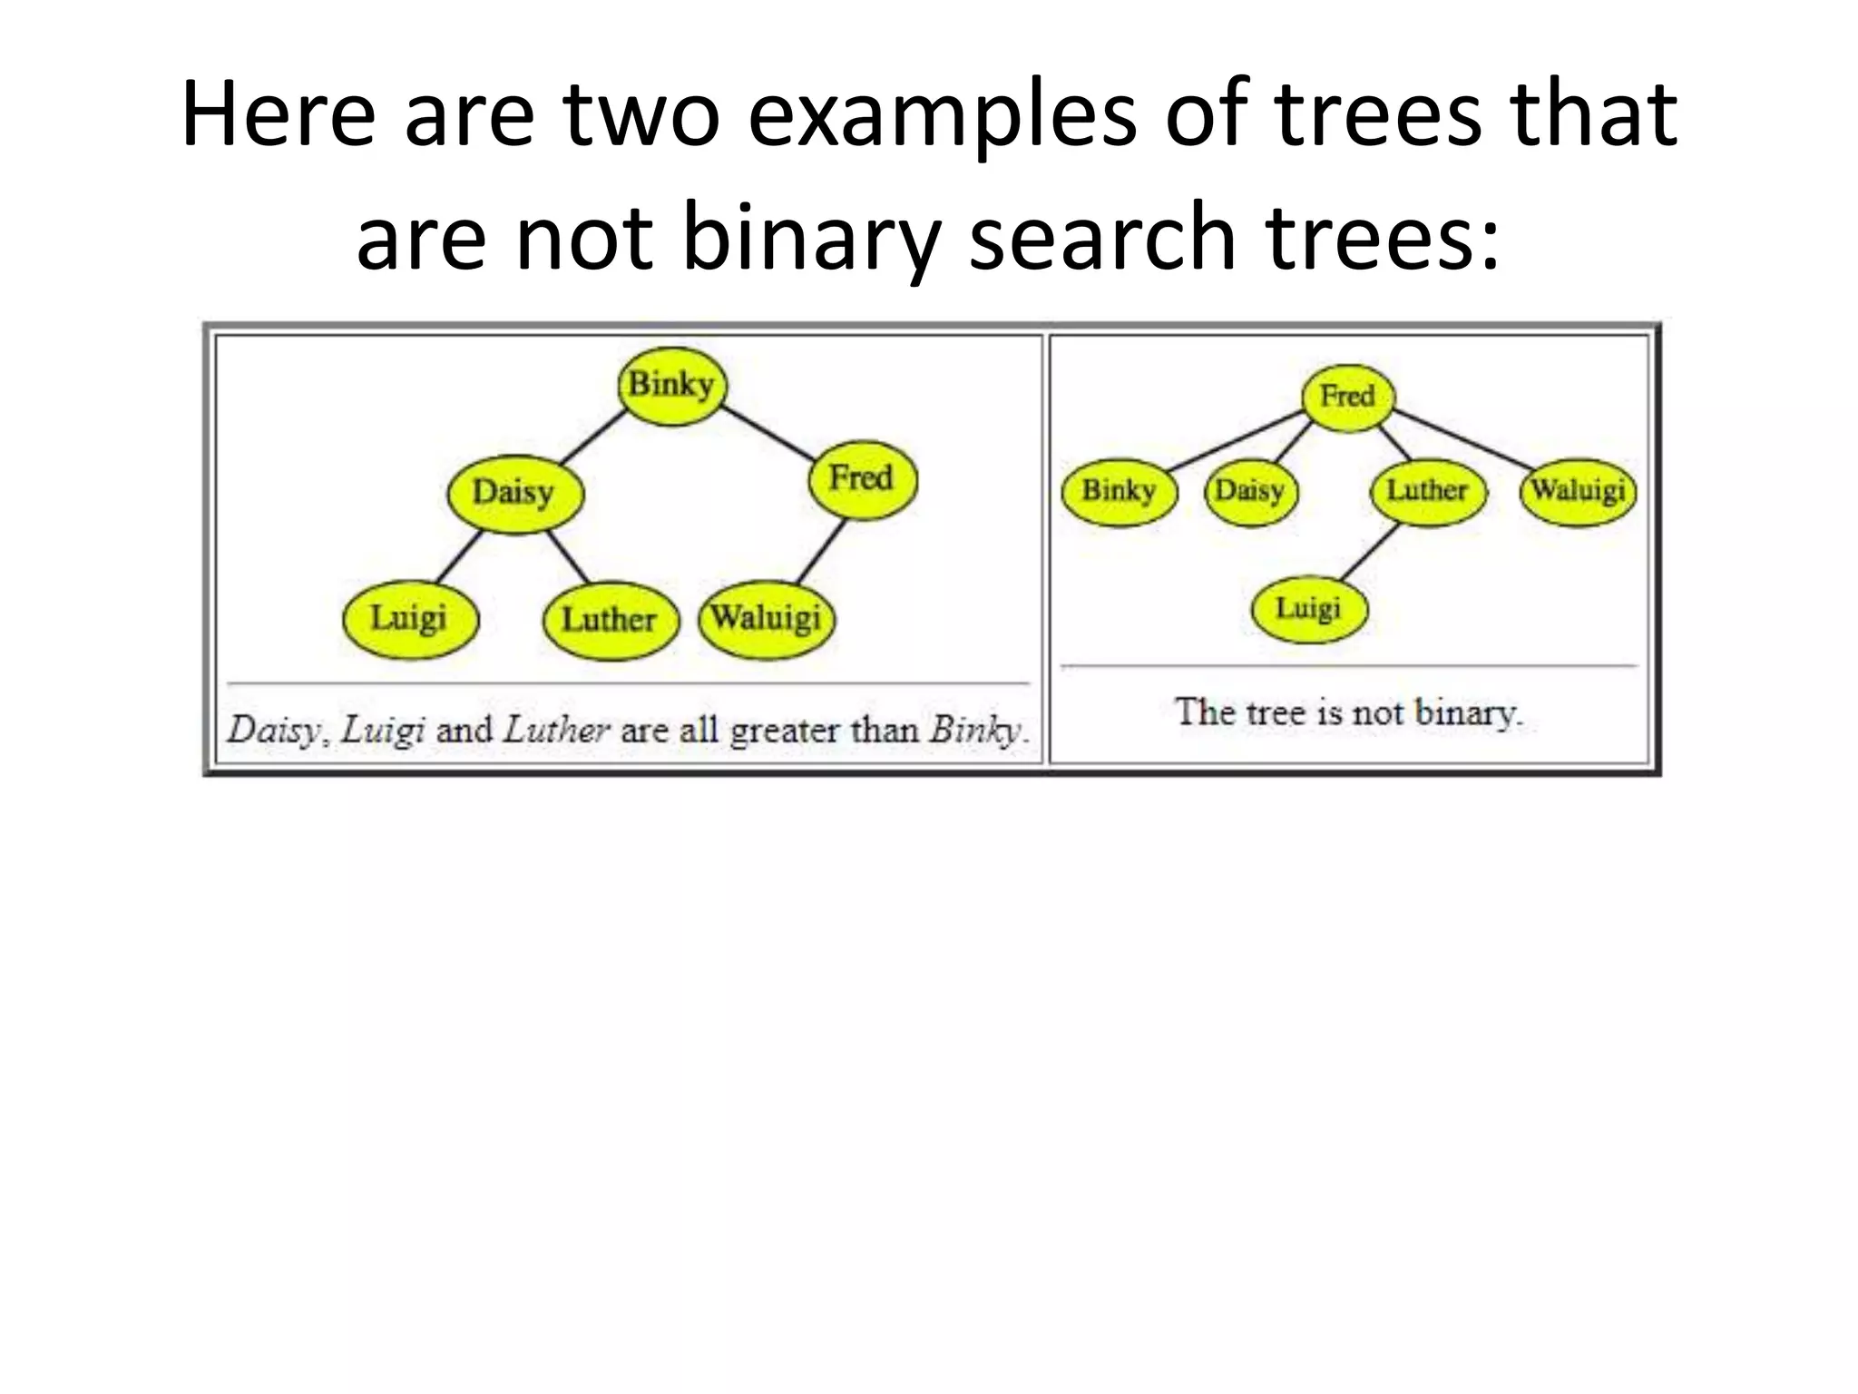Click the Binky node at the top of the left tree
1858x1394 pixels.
[x=671, y=385]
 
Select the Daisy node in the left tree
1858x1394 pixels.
[x=514, y=493]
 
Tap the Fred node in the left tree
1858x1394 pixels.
[x=862, y=478]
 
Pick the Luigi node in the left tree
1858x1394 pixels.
[x=409, y=619]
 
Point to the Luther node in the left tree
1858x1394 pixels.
[x=610, y=621]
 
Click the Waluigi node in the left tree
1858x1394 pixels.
[x=766, y=619]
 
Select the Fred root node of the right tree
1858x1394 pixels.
[x=1347, y=397]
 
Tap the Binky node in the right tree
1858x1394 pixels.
[x=1119, y=491]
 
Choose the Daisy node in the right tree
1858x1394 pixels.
[x=1250, y=491]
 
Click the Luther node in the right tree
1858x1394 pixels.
[x=1427, y=491]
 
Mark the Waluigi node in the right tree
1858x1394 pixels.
[x=1579, y=491]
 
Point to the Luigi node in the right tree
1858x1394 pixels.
[x=1308, y=608]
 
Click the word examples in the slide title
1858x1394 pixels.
[x=941, y=115]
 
